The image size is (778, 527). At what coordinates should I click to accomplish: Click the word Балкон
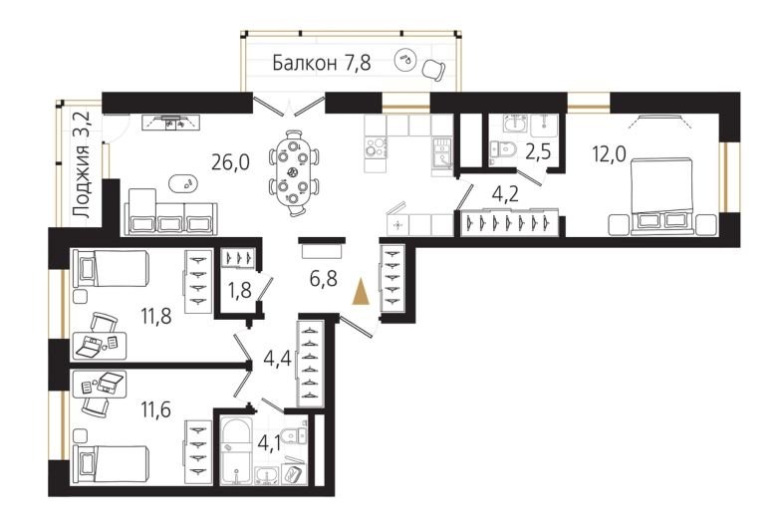(304, 63)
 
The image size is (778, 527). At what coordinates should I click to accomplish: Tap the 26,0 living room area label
(230, 161)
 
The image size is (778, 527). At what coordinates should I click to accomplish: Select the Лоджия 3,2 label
(82, 164)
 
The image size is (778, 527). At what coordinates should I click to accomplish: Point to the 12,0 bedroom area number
(610, 153)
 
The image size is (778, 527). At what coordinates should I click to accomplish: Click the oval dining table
(293, 172)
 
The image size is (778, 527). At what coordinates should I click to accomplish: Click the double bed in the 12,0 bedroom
(660, 195)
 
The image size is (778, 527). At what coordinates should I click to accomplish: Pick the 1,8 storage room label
(239, 290)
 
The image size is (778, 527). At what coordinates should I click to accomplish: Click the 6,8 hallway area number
(324, 278)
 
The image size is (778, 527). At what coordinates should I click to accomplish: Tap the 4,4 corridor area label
(277, 359)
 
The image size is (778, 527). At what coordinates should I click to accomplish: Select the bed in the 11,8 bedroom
(112, 268)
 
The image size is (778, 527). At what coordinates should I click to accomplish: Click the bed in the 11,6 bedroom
(112, 464)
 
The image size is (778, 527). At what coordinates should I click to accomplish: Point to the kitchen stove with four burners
(377, 147)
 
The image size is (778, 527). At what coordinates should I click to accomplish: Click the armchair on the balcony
(434, 70)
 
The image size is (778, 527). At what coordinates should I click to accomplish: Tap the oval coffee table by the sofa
(184, 183)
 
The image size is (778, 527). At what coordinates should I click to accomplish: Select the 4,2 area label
(505, 193)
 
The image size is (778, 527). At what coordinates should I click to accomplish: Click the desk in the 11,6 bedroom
(100, 385)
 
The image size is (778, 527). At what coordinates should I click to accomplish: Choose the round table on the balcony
(405, 58)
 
